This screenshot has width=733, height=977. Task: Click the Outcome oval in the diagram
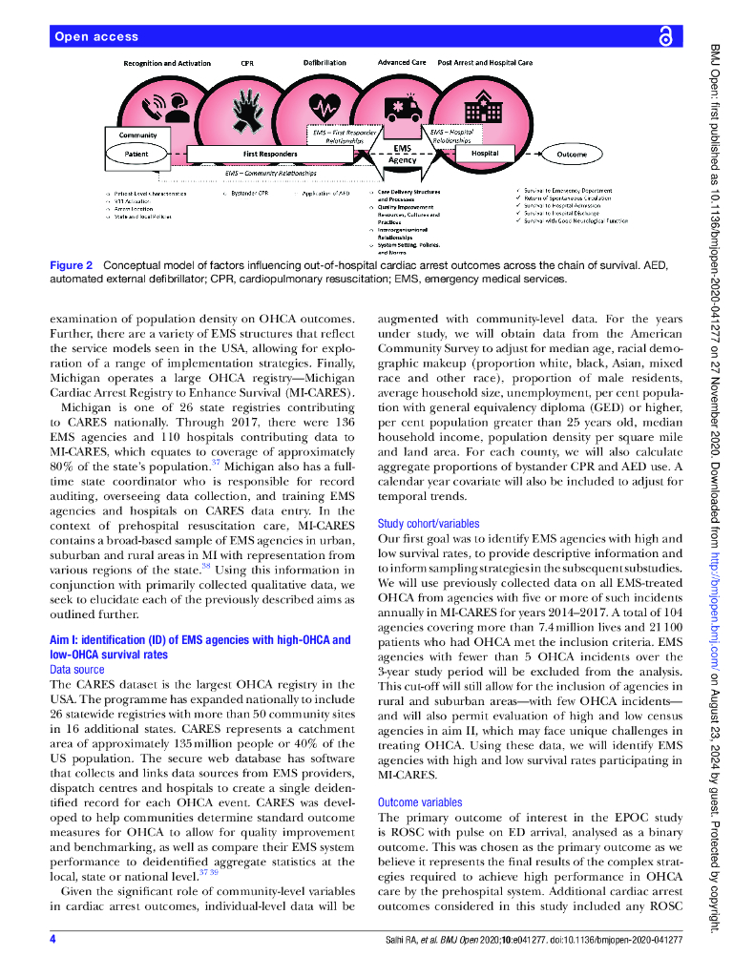point(572,154)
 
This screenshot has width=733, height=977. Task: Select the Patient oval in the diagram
point(136,154)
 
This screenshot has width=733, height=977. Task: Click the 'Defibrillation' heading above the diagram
point(325,63)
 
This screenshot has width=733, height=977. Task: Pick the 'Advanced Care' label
point(401,63)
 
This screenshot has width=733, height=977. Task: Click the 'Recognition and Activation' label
point(167,63)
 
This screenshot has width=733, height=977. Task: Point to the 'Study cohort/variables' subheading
point(429,524)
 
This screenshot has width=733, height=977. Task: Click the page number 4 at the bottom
point(53,941)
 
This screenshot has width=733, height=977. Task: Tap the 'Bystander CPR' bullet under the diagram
point(248,193)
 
